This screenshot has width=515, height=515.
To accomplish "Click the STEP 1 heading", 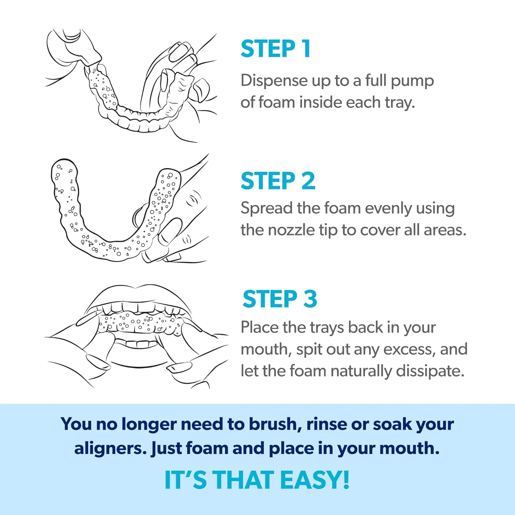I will pyautogui.click(x=276, y=49).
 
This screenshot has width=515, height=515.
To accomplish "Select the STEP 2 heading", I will pyautogui.click(x=278, y=181).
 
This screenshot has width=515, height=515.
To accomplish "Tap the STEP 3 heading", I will pyautogui.click(x=279, y=299).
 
